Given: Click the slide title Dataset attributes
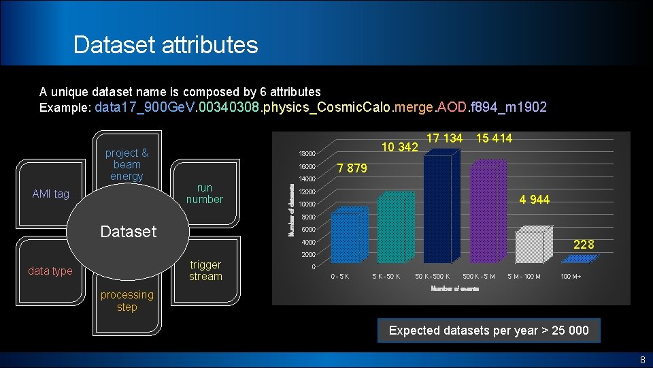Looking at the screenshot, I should pyautogui.click(x=166, y=45).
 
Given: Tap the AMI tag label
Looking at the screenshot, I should pyautogui.click(x=51, y=194).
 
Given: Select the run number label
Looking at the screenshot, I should pyautogui.click(x=204, y=194).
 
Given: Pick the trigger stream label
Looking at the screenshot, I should pyautogui.click(x=205, y=271).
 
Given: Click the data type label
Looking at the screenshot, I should pyautogui.click(x=50, y=271).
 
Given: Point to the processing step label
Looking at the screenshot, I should pyautogui.click(x=127, y=301).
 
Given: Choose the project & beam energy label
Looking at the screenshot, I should pyautogui.click(x=127, y=165).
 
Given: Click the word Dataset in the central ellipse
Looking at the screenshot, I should pyautogui.click(x=128, y=232).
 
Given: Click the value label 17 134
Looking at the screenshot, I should pyautogui.click(x=444, y=139).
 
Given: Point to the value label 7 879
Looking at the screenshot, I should pyautogui.click(x=352, y=168).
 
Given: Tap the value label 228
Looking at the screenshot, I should pyautogui.click(x=584, y=244).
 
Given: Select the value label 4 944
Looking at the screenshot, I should pyautogui.click(x=534, y=200).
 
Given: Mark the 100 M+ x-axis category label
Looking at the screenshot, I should pyautogui.click(x=571, y=276).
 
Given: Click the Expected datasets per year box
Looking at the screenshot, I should pyautogui.click(x=488, y=331).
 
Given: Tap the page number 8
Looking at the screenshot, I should pyautogui.click(x=641, y=360).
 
